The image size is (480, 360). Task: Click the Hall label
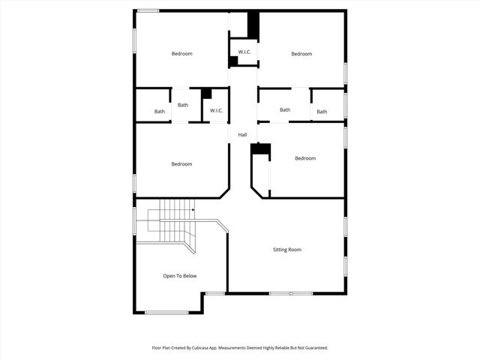242,135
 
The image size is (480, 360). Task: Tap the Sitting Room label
286,250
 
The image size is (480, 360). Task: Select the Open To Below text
180,276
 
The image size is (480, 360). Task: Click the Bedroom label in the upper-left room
181,53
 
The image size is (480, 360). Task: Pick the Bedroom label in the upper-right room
301,54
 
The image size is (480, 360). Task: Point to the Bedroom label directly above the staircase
181,164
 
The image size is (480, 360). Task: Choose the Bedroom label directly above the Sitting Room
305,158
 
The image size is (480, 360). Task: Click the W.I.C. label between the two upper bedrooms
244,52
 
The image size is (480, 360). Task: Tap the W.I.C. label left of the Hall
216,112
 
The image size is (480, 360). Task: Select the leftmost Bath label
160,112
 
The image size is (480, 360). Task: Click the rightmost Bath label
322,112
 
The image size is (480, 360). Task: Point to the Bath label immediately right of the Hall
285,110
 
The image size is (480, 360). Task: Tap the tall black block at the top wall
253,25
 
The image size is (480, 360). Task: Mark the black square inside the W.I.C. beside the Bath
206,94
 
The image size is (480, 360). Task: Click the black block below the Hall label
260,149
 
